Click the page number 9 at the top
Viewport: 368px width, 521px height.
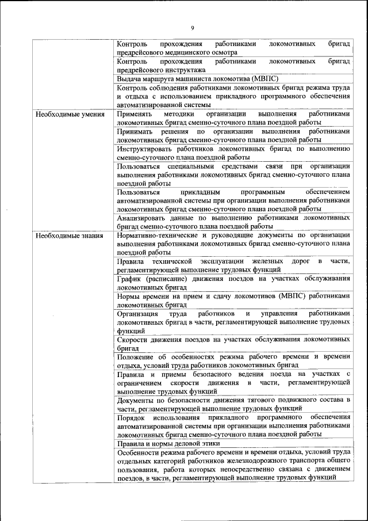(x=193, y=28)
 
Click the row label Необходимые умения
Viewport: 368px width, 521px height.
(x=70, y=114)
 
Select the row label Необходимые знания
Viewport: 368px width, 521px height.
(x=70, y=235)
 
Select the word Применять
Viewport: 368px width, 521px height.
(x=135, y=114)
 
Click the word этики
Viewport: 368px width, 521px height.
(x=209, y=443)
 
